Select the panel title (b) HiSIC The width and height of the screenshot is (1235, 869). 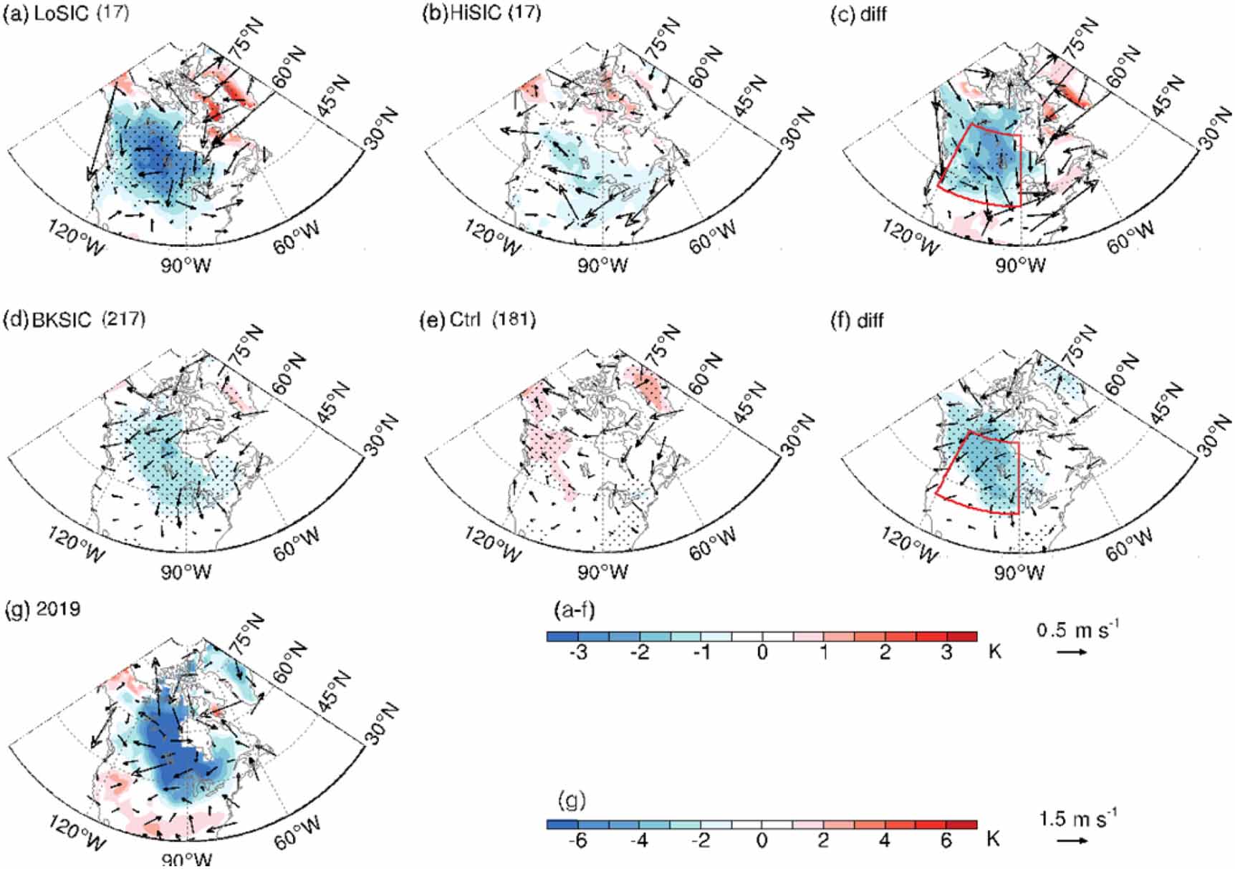click(x=466, y=13)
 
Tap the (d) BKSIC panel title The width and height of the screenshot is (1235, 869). click(x=49, y=320)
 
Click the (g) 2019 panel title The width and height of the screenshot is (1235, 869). click(x=43, y=609)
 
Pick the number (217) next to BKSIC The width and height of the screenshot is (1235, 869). click(x=124, y=319)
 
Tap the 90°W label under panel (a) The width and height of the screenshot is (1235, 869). click(x=186, y=265)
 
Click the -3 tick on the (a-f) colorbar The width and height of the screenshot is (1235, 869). click(x=577, y=653)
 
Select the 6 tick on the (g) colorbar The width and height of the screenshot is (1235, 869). click(x=946, y=841)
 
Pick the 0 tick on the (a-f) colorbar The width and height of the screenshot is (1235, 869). click(x=762, y=653)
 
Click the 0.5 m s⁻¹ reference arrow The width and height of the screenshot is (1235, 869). click(x=1072, y=652)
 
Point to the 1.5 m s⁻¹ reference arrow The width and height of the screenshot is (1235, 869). click(x=1072, y=840)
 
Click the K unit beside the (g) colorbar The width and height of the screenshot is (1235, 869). click(x=993, y=839)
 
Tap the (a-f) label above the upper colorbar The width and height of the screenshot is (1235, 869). click(x=574, y=611)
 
